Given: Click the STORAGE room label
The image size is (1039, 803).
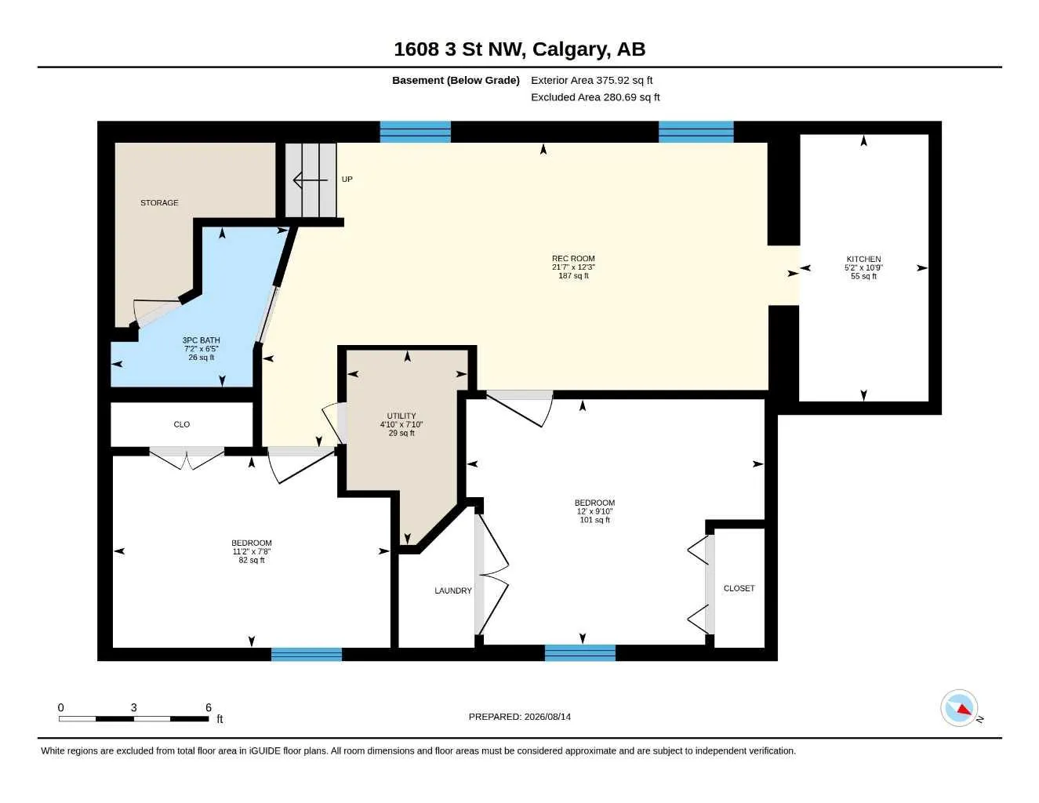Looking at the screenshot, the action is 159,202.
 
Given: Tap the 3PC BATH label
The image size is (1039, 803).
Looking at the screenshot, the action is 201,340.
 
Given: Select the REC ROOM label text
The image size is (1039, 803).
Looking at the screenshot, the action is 573,259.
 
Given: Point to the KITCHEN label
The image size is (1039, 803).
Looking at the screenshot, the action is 863,259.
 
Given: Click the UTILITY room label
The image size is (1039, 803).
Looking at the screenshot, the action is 401,416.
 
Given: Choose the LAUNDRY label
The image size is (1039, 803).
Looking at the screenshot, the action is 452,590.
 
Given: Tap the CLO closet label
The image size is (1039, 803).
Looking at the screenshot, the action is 182,424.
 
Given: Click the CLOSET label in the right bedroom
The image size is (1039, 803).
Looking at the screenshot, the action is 739,588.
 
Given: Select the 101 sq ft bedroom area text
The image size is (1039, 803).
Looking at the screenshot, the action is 595,520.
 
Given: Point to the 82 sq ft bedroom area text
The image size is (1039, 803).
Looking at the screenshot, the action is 252,560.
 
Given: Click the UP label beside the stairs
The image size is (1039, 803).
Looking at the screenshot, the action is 347,180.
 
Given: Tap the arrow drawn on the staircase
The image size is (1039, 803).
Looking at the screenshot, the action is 311,180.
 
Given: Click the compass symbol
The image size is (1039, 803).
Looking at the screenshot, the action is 959,708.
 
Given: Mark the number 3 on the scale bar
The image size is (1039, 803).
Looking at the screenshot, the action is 134,707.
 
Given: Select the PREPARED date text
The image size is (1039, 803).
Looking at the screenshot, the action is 520,717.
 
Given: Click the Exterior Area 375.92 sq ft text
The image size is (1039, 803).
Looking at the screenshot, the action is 591,80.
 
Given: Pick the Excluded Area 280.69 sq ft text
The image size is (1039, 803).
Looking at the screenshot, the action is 595,97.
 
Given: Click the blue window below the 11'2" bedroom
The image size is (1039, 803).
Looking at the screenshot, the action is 307,654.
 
